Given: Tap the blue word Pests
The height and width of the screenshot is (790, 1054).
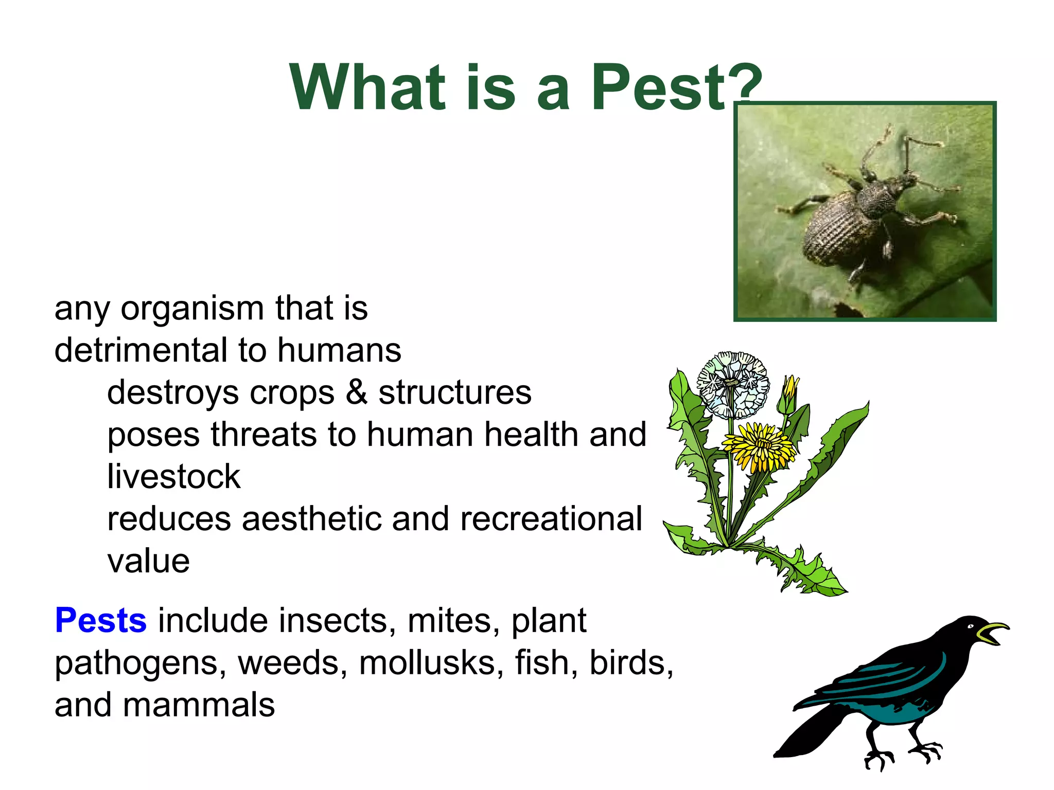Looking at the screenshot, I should point(101,620).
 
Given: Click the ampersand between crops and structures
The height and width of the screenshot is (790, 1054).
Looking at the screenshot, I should point(356,392).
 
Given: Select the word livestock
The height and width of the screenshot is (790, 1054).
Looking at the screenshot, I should point(173,477).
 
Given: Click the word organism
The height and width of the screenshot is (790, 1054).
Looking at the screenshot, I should point(192,309).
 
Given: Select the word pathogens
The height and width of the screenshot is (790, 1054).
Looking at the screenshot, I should point(140,663).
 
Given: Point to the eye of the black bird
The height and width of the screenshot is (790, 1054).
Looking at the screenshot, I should point(970,626).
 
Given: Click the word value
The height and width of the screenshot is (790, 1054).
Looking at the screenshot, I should point(148,561).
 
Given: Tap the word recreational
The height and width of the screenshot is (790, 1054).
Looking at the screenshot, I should point(551,519).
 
